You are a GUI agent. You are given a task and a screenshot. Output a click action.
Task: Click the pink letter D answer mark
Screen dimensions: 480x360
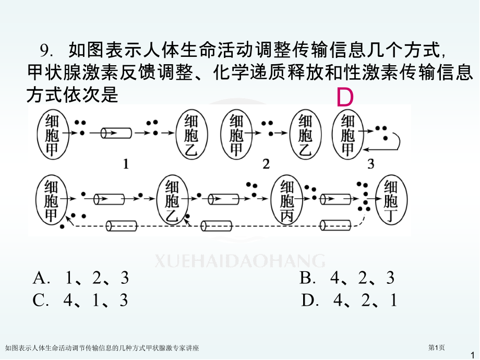tap(345, 98)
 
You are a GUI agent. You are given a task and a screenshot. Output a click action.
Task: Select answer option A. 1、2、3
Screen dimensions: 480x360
tap(81, 278)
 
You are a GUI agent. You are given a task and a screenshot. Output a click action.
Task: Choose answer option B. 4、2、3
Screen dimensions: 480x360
tap(347, 278)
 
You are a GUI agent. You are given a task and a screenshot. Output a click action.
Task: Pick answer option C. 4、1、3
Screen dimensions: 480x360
tap(80, 300)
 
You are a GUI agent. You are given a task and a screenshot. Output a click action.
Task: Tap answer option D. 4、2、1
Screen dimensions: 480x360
tap(349, 300)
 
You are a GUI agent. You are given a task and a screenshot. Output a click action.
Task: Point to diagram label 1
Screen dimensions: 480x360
tap(126, 164)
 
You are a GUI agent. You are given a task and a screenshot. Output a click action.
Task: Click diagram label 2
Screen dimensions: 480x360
tap(266, 164)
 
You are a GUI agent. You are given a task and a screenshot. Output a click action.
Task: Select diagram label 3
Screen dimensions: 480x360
tap(371, 164)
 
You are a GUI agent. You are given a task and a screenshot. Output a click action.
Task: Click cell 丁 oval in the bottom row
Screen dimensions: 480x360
tap(391, 200)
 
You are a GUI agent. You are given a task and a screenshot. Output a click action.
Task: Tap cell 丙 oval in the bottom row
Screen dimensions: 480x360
tap(287, 200)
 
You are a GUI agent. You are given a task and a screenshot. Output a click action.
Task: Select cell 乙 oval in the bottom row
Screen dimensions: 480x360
tap(172, 200)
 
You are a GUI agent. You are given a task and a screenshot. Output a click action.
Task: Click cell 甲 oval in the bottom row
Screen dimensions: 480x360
tap(52, 200)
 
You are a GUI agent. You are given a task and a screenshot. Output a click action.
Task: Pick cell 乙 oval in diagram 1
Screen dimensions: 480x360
tap(191, 134)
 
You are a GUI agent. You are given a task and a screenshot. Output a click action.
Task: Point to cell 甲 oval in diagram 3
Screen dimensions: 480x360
tap(348, 134)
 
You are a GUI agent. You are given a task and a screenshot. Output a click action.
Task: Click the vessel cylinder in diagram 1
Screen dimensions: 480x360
tap(116, 133)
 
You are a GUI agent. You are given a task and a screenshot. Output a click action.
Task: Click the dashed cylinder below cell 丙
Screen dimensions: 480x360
tap(335, 225)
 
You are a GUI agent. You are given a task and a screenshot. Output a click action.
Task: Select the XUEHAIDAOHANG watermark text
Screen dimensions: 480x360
tap(239, 261)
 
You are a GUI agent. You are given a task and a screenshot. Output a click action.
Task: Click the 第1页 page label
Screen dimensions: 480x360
tap(436, 347)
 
